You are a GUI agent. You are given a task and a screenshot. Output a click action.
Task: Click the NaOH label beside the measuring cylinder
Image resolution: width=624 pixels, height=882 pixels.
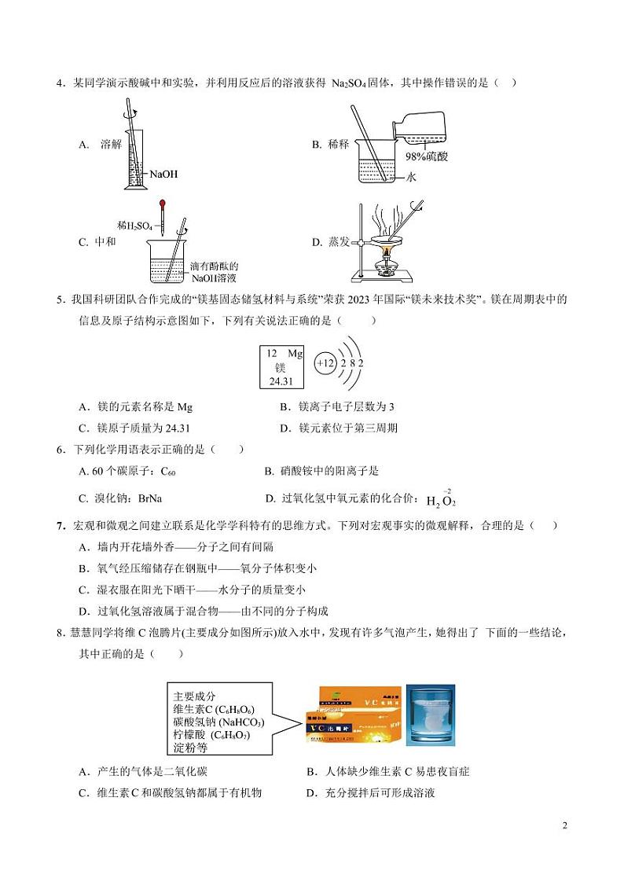tap(163, 174)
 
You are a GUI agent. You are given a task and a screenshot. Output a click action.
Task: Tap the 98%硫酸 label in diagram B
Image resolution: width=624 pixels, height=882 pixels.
tap(426, 156)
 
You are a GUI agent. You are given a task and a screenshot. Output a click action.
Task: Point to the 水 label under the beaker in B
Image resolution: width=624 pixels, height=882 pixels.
tap(411, 178)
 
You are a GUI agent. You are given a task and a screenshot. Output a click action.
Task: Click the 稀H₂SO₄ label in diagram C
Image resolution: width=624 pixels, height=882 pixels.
tap(134, 226)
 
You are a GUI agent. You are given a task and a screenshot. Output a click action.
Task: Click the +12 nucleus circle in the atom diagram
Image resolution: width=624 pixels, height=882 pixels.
tap(325, 364)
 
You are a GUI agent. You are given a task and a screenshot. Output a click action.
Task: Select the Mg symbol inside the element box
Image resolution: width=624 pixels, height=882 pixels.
tap(294, 354)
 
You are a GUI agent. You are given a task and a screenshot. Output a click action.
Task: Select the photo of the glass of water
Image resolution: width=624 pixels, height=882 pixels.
tap(430, 715)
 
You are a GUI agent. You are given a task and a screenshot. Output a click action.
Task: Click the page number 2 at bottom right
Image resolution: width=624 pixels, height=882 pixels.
tap(564, 825)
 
